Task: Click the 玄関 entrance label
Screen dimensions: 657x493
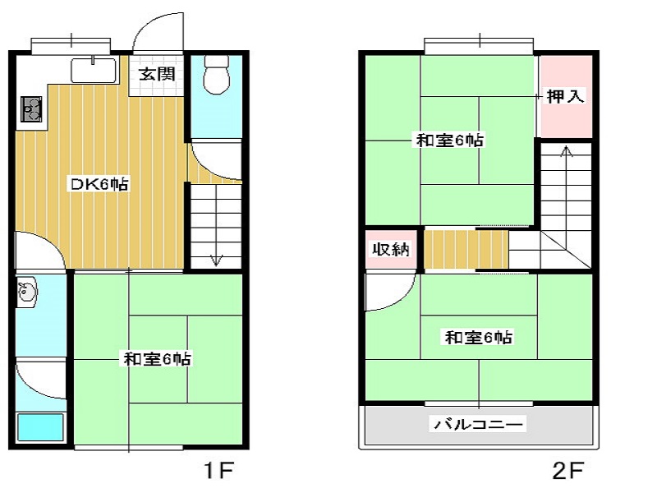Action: pyautogui.click(x=157, y=75)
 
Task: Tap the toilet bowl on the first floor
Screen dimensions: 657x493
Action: pyautogui.click(x=216, y=75)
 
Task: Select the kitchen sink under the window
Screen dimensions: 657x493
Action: pyautogui.click(x=94, y=70)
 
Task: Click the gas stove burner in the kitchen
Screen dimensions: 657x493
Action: pyautogui.click(x=32, y=109)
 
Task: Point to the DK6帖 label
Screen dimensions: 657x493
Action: pyautogui.click(x=99, y=184)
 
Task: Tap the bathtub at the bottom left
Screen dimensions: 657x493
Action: pyautogui.click(x=40, y=427)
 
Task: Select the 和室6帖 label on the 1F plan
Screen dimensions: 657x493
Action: pyautogui.click(x=157, y=359)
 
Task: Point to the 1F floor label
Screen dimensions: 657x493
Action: pyautogui.click(x=218, y=470)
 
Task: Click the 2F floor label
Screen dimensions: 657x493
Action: pyautogui.click(x=567, y=470)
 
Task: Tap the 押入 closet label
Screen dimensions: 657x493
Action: pyautogui.click(x=565, y=96)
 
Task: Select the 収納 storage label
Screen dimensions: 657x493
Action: pyautogui.click(x=391, y=250)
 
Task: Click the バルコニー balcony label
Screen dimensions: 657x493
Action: pyautogui.click(x=479, y=424)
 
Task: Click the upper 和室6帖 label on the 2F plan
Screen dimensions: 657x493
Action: pyautogui.click(x=449, y=140)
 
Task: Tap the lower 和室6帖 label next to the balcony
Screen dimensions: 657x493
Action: pyautogui.click(x=479, y=337)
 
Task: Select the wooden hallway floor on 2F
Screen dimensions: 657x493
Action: pyautogui.click(x=466, y=250)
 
